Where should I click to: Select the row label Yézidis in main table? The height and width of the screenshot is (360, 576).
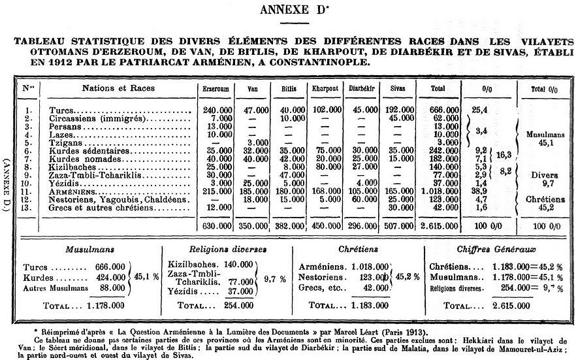click(x=64, y=184)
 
